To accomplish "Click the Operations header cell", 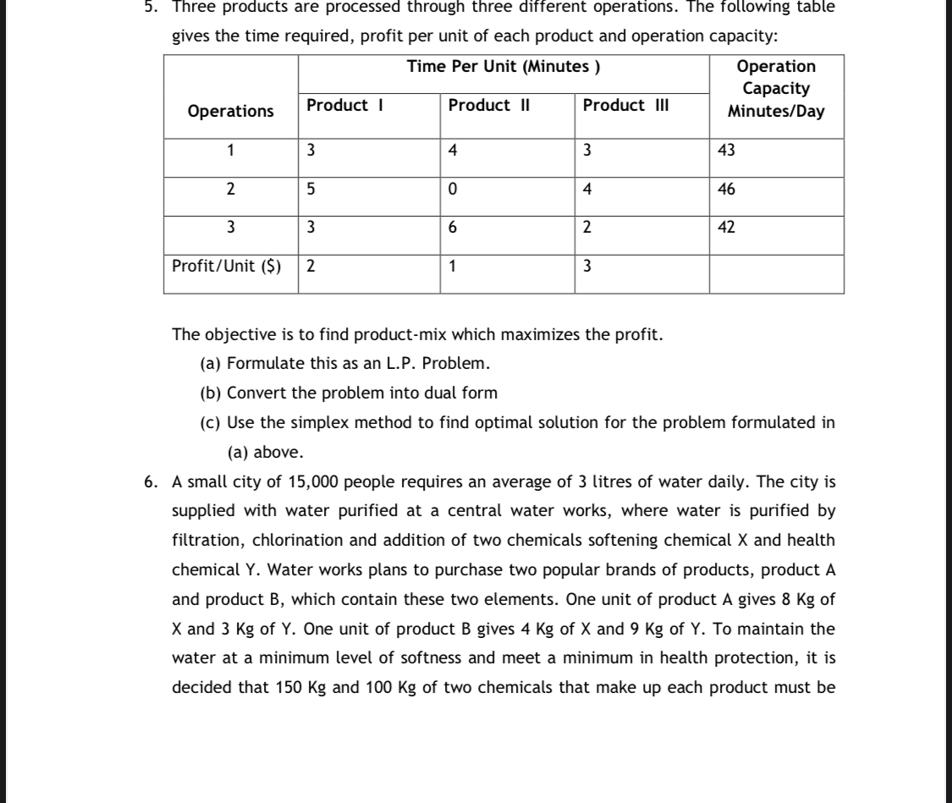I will point(231,111).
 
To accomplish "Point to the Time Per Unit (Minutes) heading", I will point(504,66).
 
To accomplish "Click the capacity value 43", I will point(726,151).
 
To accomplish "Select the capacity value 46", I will point(726,190).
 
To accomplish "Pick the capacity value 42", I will point(726,228).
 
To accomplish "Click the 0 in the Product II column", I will point(453,190).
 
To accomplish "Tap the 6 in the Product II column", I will point(453,228).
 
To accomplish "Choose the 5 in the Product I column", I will point(311,190).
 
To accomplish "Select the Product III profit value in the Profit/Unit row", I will point(588,266).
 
